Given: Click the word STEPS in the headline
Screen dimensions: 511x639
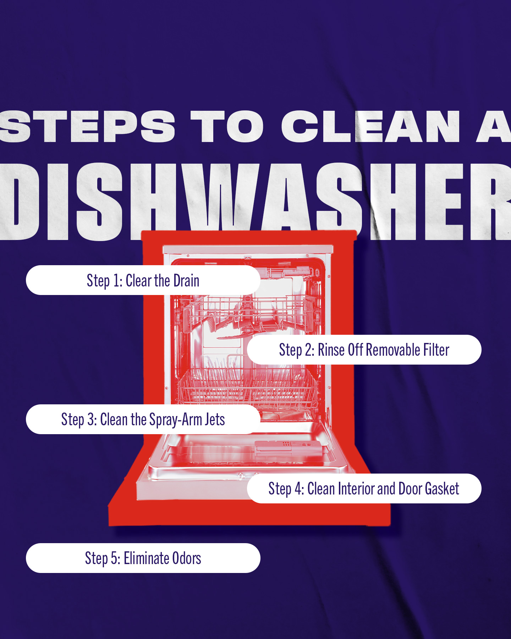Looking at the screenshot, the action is pyautogui.click(x=87, y=126).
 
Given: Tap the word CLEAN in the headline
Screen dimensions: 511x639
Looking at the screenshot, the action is pyautogui.click(x=370, y=126).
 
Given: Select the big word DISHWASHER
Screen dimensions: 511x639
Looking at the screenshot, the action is pyautogui.click(x=255, y=202).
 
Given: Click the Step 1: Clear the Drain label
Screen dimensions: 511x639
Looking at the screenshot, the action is pyautogui.click(x=143, y=280).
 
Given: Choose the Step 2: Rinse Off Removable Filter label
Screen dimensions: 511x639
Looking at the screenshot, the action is pyautogui.click(x=364, y=350).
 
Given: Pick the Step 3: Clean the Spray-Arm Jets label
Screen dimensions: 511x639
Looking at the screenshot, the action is pyautogui.click(x=143, y=419).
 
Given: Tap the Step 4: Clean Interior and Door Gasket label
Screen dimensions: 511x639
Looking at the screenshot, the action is pyautogui.click(x=364, y=488).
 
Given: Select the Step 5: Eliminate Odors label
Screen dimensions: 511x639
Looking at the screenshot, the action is pyautogui.click(x=143, y=558).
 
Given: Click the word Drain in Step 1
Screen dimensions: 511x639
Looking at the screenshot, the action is pyautogui.click(x=186, y=280).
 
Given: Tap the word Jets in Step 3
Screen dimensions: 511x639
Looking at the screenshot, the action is pyautogui.click(x=215, y=420).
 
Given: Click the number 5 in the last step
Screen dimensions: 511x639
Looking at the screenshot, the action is pyautogui.click(x=114, y=558).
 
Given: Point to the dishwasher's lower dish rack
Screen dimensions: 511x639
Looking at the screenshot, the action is pyautogui.click(x=247, y=387).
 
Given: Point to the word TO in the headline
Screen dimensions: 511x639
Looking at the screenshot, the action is pyautogui.click(x=227, y=126).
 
